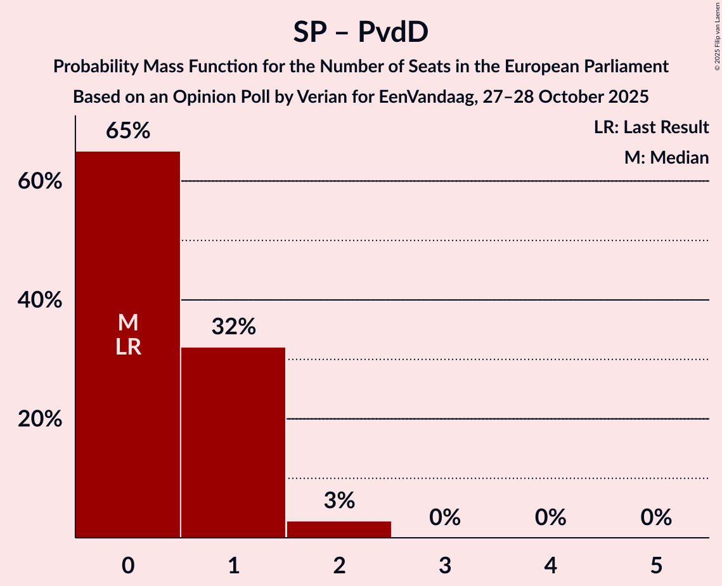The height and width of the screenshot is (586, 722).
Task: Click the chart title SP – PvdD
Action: tap(361, 32)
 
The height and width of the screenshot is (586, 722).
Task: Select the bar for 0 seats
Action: tap(128, 412)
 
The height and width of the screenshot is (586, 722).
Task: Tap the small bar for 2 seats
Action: tap(339, 530)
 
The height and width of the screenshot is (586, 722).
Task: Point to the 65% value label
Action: tap(128, 131)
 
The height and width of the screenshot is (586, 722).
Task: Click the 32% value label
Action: tap(233, 327)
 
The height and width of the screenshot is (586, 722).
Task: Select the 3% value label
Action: tap(339, 500)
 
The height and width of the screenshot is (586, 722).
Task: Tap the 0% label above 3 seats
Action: tap(444, 518)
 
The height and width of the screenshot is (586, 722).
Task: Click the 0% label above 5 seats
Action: tap(655, 518)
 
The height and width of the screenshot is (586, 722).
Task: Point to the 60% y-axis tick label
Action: tap(40, 181)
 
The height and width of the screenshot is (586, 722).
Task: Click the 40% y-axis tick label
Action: tap(40, 300)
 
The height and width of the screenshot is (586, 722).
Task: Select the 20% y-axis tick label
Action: tap(40, 419)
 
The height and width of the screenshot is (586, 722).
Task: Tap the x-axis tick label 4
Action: tap(550, 566)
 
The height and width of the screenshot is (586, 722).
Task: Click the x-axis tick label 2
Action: tap(339, 566)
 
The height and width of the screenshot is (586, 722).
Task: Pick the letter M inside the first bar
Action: tap(128, 323)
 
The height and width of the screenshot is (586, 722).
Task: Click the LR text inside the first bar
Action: tap(128, 347)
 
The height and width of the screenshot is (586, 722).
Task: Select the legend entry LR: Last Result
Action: tap(651, 127)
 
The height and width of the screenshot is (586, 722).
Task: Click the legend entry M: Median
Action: tap(666, 157)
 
